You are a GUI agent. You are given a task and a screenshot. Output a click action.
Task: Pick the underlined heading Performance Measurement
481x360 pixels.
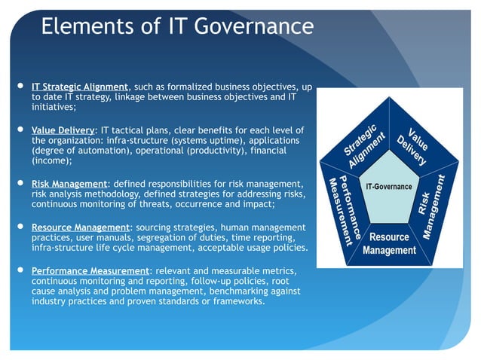tap(90, 270)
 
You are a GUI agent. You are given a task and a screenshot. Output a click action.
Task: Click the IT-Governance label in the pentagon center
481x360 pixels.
tap(388, 186)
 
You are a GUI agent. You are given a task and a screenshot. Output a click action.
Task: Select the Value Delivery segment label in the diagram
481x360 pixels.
tap(415, 142)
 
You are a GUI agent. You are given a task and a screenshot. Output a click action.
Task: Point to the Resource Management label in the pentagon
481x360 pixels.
tap(389, 243)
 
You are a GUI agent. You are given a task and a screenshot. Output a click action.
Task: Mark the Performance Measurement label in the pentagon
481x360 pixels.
tap(342, 210)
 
